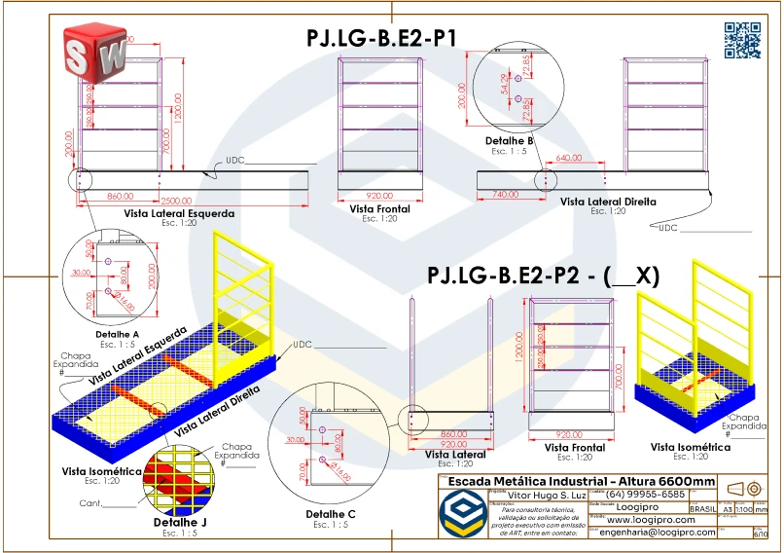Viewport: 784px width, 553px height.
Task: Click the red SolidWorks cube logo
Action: pyautogui.click(x=93, y=50)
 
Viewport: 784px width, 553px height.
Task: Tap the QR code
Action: pyautogui.click(x=742, y=38)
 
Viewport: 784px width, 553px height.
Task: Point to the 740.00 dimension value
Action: pyautogui.click(x=506, y=195)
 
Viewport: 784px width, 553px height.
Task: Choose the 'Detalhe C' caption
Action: pyautogui.click(x=331, y=513)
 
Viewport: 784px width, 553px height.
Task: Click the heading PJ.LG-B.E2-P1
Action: pyautogui.click(x=381, y=38)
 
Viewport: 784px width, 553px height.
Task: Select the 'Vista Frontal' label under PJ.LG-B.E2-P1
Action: pyautogui.click(x=379, y=208)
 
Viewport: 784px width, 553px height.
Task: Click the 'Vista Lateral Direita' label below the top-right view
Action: pyautogui.click(x=608, y=202)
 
